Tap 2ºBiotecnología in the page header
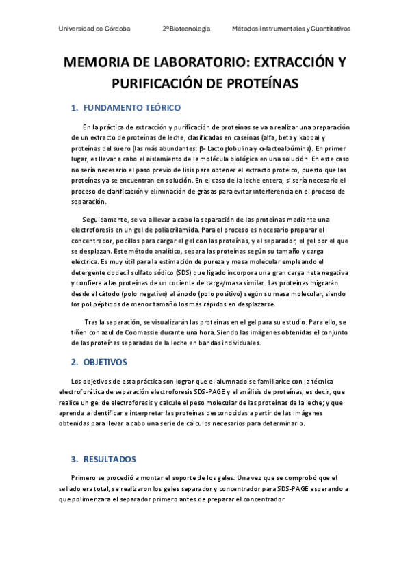(x=186, y=29)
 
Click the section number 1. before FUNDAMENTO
(x=75, y=108)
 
